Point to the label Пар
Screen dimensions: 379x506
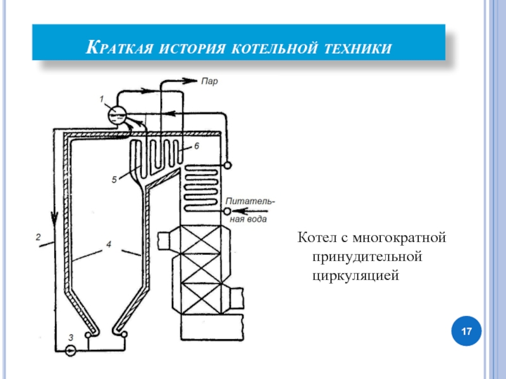209,80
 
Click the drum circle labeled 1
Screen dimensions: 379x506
116,115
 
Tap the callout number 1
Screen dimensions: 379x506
102,99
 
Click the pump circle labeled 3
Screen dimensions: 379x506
70,349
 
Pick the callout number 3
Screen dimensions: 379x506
71,337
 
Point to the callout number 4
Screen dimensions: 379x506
109,244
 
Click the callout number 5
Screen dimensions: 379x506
114,179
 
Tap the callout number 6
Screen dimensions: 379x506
196,147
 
